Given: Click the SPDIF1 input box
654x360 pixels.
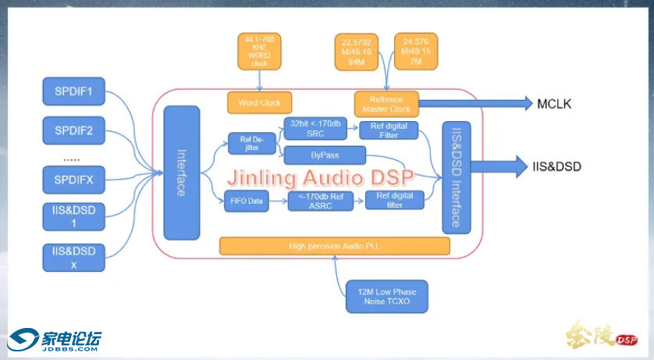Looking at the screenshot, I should point(74,92).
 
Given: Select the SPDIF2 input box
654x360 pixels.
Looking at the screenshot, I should point(74,130).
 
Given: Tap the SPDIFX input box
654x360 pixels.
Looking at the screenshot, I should point(74,180).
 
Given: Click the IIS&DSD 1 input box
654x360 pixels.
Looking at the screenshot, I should point(74,216).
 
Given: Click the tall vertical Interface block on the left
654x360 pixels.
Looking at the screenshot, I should point(182,173).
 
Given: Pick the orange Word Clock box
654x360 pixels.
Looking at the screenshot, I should point(259,102).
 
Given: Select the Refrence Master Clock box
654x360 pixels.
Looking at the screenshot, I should point(386,104).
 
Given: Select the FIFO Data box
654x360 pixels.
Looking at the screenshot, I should point(245,201).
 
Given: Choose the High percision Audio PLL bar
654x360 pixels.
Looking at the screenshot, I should point(335,247).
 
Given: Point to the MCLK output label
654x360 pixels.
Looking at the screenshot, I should point(554,103).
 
